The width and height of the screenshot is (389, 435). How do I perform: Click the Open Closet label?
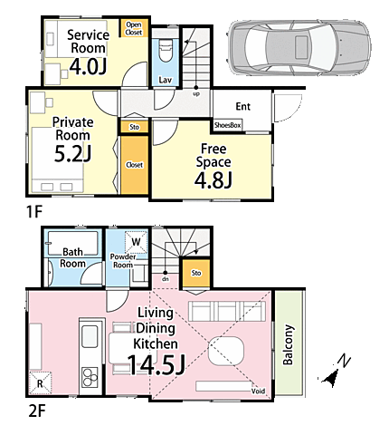[x=134, y=28]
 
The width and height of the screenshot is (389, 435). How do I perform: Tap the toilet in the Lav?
[x=165, y=51]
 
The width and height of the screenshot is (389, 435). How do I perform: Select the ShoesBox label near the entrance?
[x=227, y=125]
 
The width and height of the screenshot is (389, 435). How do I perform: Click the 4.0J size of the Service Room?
[x=88, y=67]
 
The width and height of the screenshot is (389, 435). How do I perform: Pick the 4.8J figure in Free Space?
[x=213, y=180]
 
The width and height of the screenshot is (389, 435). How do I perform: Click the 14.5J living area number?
[x=156, y=365]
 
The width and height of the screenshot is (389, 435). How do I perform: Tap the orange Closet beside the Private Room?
[x=135, y=165]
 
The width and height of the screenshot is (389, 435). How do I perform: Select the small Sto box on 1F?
[x=135, y=127]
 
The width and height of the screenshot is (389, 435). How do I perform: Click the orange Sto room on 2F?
[x=196, y=273]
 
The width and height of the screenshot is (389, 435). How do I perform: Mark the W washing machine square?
[x=137, y=242]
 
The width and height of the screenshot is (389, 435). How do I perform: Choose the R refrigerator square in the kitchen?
[x=40, y=383]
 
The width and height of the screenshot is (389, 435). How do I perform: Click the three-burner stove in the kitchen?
[x=90, y=377]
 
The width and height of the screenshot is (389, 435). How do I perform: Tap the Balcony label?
[x=288, y=344]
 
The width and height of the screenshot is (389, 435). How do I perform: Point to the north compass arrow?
[x=330, y=379]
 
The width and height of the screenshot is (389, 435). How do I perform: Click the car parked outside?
[x=299, y=47]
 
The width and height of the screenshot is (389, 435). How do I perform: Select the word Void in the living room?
[x=258, y=391]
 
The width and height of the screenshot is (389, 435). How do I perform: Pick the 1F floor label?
[x=34, y=212]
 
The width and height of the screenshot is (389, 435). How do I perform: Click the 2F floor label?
[x=37, y=411]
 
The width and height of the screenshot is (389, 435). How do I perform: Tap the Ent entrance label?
[x=243, y=106]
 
